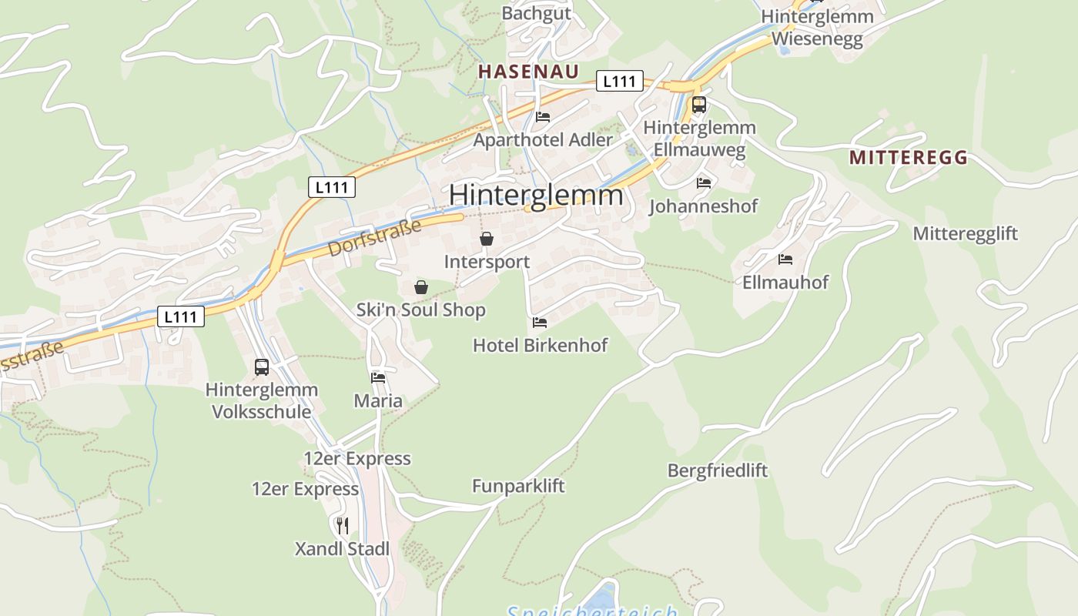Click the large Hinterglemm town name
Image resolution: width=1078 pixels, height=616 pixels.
coord(536,195)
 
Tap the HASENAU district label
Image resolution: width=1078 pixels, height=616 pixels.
coord(528,72)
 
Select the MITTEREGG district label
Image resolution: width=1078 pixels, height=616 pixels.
coord(909,158)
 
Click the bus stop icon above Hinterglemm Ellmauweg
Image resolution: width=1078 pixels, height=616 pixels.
coord(699,105)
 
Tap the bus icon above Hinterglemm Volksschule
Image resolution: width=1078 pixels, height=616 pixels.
coord(262,367)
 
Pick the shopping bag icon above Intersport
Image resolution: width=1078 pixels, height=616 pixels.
coord(487,239)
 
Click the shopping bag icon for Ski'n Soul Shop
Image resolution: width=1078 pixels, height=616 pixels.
coord(421,287)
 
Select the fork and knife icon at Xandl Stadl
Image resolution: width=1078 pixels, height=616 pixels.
coord(343,526)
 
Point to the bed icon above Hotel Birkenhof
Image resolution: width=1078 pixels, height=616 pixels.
coord(540,322)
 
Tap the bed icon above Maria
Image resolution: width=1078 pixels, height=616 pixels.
coord(378,377)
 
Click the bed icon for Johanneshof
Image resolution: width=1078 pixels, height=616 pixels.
coord(704,183)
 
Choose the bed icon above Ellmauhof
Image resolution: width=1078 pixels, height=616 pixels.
coord(785,259)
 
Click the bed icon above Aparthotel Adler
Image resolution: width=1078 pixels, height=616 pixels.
coord(543,117)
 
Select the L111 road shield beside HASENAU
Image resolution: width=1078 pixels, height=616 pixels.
coord(619,82)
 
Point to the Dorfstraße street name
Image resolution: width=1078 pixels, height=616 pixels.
coord(375,238)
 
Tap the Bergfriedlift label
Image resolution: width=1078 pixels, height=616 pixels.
coord(718,470)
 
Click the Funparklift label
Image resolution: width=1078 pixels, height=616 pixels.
coord(518,486)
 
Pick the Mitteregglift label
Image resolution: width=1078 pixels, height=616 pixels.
coord(966,233)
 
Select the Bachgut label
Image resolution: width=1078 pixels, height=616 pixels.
coord(537,13)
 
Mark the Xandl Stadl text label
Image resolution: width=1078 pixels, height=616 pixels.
coord(342,549)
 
